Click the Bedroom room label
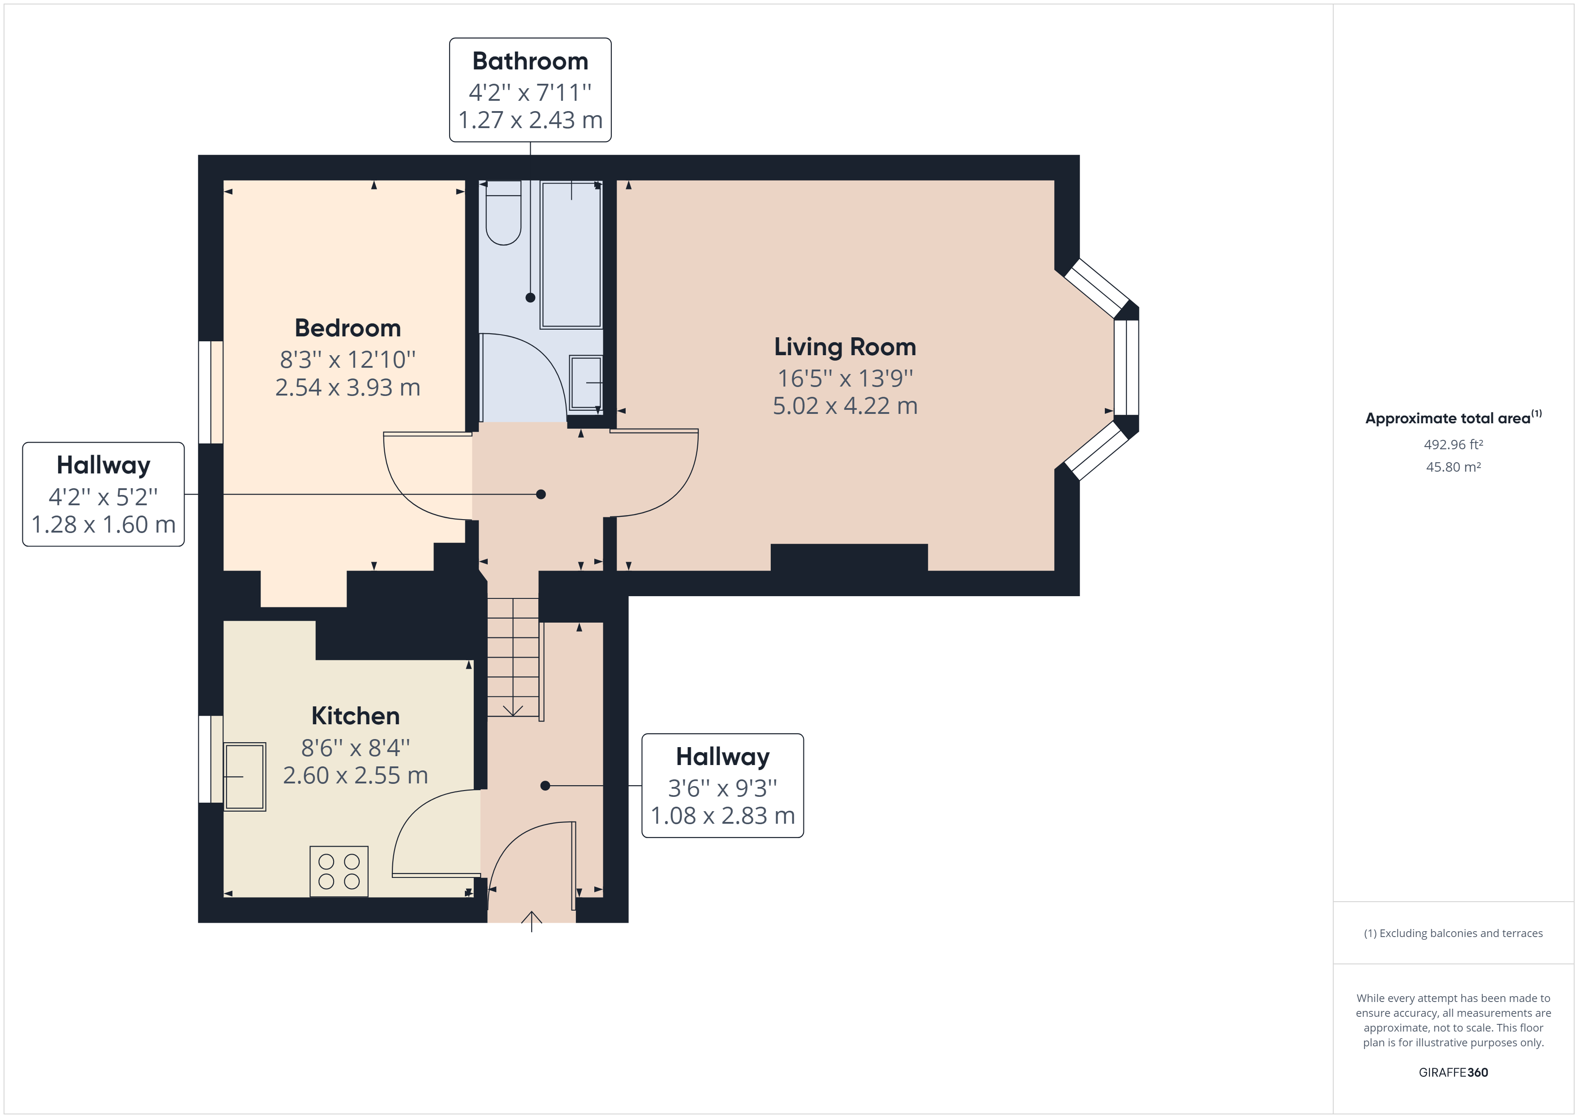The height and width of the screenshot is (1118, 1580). coord(348,328)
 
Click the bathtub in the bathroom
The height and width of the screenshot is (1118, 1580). coord(571,255)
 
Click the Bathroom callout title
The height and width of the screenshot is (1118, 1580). coord(530,61)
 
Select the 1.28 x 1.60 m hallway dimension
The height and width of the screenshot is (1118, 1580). coord(103,525)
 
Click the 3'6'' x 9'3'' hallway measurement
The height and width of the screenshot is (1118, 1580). coord(722,787)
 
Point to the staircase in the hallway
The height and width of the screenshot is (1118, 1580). coord(513,658)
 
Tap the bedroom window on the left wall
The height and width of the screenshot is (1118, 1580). coord(210,392)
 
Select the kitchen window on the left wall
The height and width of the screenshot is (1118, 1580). coord(210,759)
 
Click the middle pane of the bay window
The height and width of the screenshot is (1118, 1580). coord(1126,368)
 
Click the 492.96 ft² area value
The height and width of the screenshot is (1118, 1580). coord(1453,445)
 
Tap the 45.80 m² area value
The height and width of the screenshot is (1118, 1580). coord(1453,467)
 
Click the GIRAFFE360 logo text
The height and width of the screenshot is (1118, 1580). coord(1453,1072)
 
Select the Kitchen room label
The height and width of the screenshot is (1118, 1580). coord(355,716)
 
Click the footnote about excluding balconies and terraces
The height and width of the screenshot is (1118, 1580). coord(1453,933)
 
